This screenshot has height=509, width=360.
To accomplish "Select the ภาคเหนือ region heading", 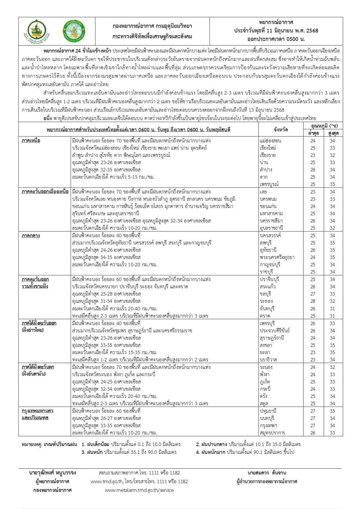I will [31, 140].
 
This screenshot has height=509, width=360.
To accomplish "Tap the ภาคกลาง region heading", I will [31, 235].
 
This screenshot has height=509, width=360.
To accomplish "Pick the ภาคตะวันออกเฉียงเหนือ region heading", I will [45, 192].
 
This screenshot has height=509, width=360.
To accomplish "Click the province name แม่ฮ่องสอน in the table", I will [270, 140].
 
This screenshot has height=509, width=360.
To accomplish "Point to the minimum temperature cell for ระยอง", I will [312, 301].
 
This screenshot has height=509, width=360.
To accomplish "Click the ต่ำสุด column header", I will [312, 133].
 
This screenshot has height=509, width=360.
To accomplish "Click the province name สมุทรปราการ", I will [272, 433].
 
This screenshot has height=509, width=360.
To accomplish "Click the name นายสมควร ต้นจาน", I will [267, 472].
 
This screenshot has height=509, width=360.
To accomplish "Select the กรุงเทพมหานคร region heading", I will [37, 411].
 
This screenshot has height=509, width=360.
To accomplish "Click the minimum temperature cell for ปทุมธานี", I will [312, 411].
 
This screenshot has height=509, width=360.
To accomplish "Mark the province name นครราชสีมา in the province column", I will [272, 221].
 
